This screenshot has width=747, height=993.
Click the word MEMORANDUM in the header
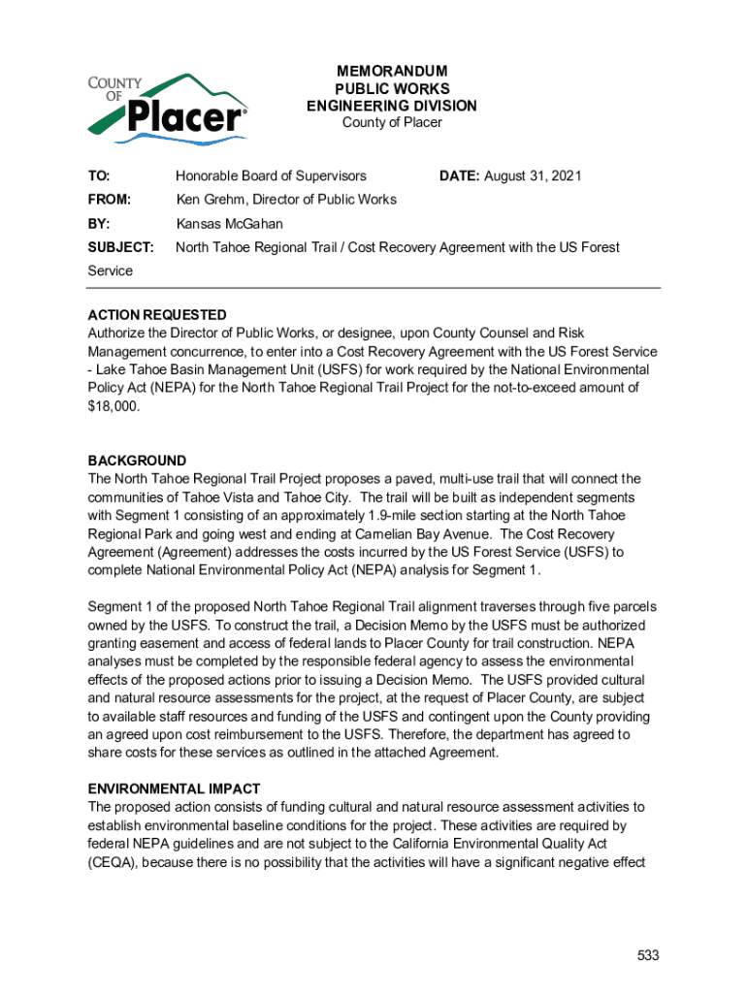click(x=392, y=71)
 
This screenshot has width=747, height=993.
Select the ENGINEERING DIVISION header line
click(x=392, y=106)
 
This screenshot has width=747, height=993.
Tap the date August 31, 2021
click(x=533, y=176)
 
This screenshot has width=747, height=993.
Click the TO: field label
click(x=99, y=176)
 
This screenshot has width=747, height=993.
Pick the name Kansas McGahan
click(x=229, y=223)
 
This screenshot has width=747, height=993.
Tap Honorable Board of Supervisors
click(x=271, y=176)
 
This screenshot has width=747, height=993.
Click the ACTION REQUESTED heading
click(x=157, y=315)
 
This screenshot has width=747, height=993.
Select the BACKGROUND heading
click(x=137, y=461)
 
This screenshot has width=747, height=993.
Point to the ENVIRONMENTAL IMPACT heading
click(x=174, y=789)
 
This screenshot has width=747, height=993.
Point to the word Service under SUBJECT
click(x=111, y=271)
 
